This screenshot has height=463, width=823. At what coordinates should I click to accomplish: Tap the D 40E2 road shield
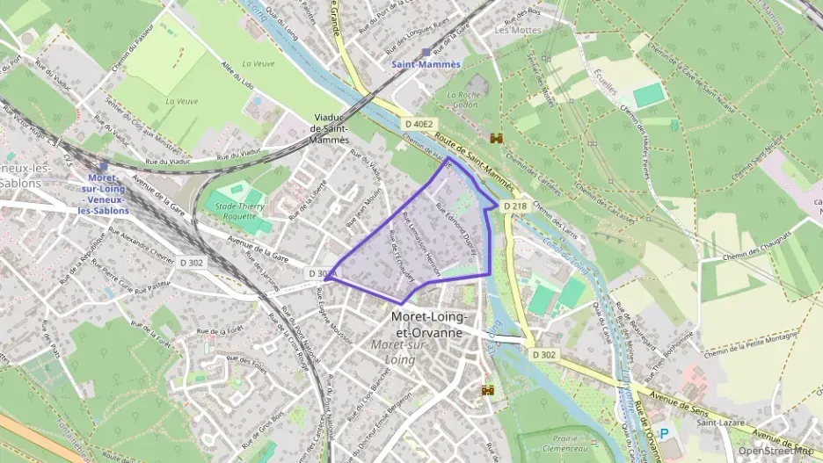(419, 124)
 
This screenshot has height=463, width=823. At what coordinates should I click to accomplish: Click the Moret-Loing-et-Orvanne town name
(431, 324)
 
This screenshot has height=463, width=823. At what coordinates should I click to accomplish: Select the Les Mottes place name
(513, 30)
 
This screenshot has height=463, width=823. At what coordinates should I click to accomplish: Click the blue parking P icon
(664, 434)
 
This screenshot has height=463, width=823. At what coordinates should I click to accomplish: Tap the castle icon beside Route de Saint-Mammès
(497, 139)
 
